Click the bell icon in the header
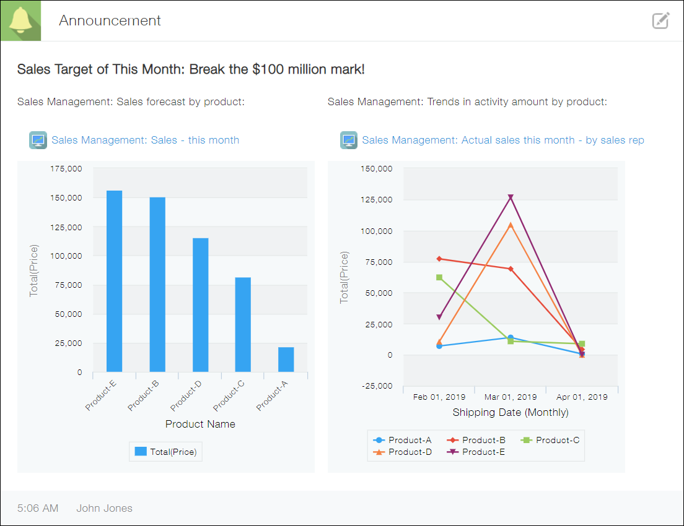[20, 20]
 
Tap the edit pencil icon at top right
[661, 20]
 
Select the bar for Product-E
[114, 281]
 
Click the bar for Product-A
[286, 360]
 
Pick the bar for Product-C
[243, 324]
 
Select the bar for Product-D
[200, 304]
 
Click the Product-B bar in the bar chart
[157, 285]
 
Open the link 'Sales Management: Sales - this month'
[145, 140]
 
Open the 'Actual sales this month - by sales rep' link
[502, 140]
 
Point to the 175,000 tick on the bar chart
[66, 168]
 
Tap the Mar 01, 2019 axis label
[510, 397]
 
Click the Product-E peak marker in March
[511, 197]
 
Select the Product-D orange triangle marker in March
[511, 225]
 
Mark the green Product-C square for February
[439, 277]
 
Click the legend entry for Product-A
[403, 440]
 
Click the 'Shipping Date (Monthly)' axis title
[510, 412]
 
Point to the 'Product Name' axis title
[200, 424]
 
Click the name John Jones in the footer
[104, 508]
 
